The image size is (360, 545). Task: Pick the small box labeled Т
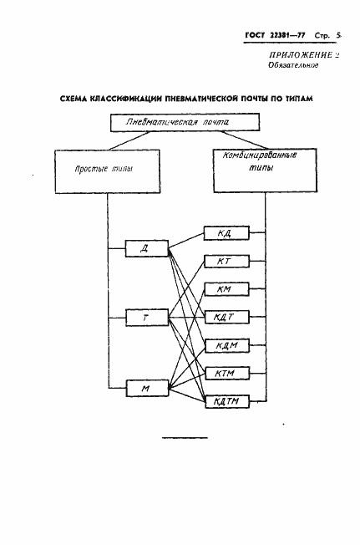146,318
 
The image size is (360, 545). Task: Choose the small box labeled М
146,388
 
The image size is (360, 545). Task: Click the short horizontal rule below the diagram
185,438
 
